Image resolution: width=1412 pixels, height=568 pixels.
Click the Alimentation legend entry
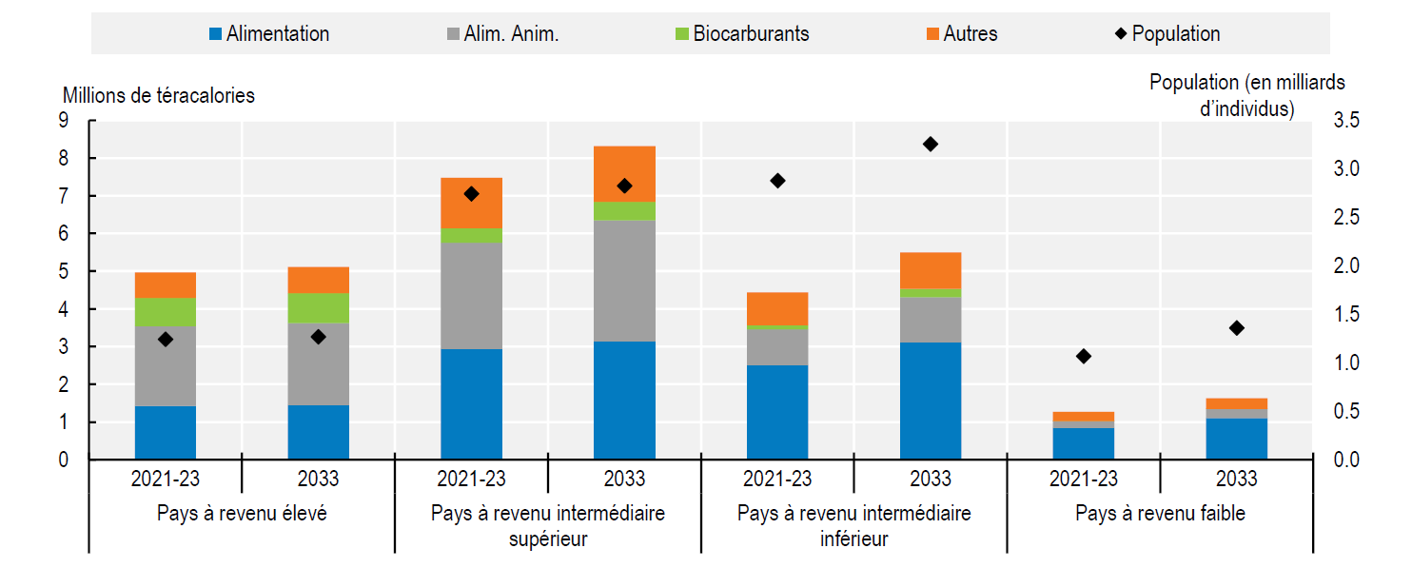pyautogui.click(x=269, y=34)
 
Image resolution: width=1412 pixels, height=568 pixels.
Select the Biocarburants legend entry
pyautogui.click(x=741, y=34)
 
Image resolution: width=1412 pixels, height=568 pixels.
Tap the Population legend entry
pyautogui.click(x=1167, y=34)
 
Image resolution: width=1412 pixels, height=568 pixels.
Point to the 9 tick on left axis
pyautogui.click(x=64, y=121)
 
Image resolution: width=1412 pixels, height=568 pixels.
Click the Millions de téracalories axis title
pyautogui.click(x=159, y=96)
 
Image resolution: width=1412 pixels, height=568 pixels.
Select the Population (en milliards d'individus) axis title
pyautogui.click(x=1246, y=95)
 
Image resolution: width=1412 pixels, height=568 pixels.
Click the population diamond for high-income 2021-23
pyautogui.click(x=166, y=339)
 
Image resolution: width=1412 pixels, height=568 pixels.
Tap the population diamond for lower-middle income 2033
pyautogui.click(x=931, y=144)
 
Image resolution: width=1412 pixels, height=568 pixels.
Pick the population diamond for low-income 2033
pyautogui.click(x=1236, y=328)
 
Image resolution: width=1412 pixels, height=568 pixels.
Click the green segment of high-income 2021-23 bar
pyautogui.click(x=166, y=312)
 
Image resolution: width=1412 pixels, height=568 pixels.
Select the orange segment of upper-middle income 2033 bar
pyautogui.click(x=624, y=173)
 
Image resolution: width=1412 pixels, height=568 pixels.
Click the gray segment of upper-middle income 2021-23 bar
pyautogui.click(x=471, y=296)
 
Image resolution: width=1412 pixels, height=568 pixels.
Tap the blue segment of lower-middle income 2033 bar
pyautogui.click(x=931, y=401)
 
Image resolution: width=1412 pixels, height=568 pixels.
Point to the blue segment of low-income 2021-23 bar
pyautogui.click(x=1084, y=443)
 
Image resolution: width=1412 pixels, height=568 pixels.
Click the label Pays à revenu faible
pyautogui.click(x=1160, y=514)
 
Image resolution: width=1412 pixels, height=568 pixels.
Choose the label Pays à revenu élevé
pyautogui.click(x=242, y=514)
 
